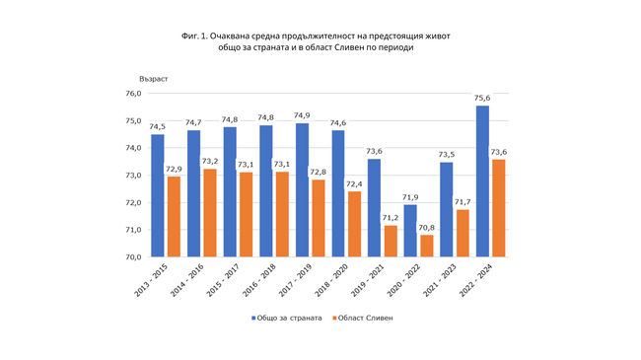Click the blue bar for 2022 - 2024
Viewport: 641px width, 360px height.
point(482,181)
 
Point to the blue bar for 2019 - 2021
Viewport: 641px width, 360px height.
point(374,207)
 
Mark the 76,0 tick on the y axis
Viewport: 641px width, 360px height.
point(133,94)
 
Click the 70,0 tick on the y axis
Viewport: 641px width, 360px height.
point(133,257)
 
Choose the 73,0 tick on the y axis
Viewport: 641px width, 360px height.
point(133,176)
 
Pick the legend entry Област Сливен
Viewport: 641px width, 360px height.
point(365,319)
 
